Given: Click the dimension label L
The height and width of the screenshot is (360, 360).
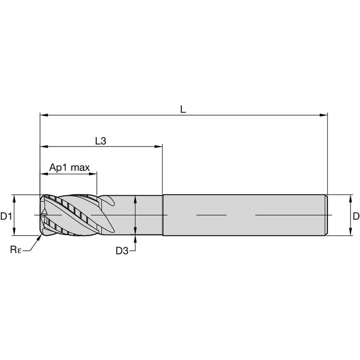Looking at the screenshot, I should tap(183, 109).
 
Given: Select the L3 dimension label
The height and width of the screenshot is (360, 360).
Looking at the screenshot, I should tap(100, 141).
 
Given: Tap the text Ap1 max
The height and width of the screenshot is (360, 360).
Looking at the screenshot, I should tap(70, 167).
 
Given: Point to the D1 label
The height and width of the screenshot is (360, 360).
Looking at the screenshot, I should tap(5, 217).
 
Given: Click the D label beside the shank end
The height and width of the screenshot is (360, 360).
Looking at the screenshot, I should tap(356, 217).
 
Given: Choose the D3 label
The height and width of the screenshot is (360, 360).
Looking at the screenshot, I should tap(122, 251).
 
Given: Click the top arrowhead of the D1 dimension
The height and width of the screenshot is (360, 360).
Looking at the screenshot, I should tap(14, 197).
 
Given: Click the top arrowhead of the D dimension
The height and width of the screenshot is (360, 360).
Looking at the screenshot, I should tap(350, 197).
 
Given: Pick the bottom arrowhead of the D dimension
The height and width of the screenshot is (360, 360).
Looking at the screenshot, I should tap(350, 233).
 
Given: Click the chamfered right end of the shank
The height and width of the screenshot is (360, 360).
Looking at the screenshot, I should tap(326, 215).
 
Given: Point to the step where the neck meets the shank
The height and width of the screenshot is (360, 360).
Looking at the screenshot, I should tap(163, 215).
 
